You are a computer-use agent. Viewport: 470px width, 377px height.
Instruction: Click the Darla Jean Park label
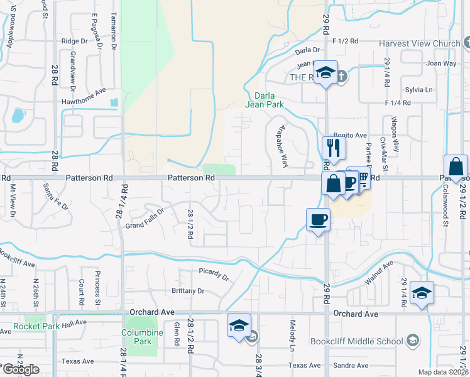265,100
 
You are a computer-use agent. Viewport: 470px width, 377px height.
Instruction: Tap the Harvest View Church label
419,43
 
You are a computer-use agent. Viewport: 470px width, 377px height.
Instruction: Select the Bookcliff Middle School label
356,342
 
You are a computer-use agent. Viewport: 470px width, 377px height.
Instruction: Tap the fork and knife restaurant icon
334,148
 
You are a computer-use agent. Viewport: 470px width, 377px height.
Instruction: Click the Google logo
21,369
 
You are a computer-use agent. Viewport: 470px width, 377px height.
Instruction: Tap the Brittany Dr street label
188,291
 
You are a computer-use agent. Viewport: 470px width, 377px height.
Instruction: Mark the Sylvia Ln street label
419,90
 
